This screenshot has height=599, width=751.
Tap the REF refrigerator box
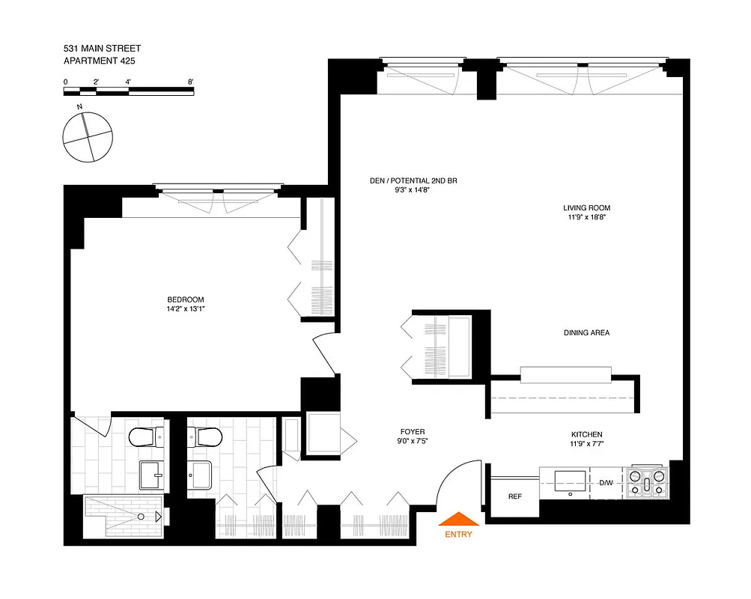(x=514, y=496)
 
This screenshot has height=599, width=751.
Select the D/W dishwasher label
(x=605, y=483)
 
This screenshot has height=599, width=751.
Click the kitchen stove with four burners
(x=648, y=482)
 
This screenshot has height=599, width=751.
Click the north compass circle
(x=88, y=136)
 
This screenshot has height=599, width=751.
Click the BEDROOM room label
(x=186, y=299)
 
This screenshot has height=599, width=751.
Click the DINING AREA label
(x=586, y=332)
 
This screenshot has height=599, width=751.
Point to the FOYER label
(x=412, y=432)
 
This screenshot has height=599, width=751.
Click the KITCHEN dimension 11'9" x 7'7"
(x=586, y=444)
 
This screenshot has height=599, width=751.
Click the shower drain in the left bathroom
(x=141, y=517)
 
